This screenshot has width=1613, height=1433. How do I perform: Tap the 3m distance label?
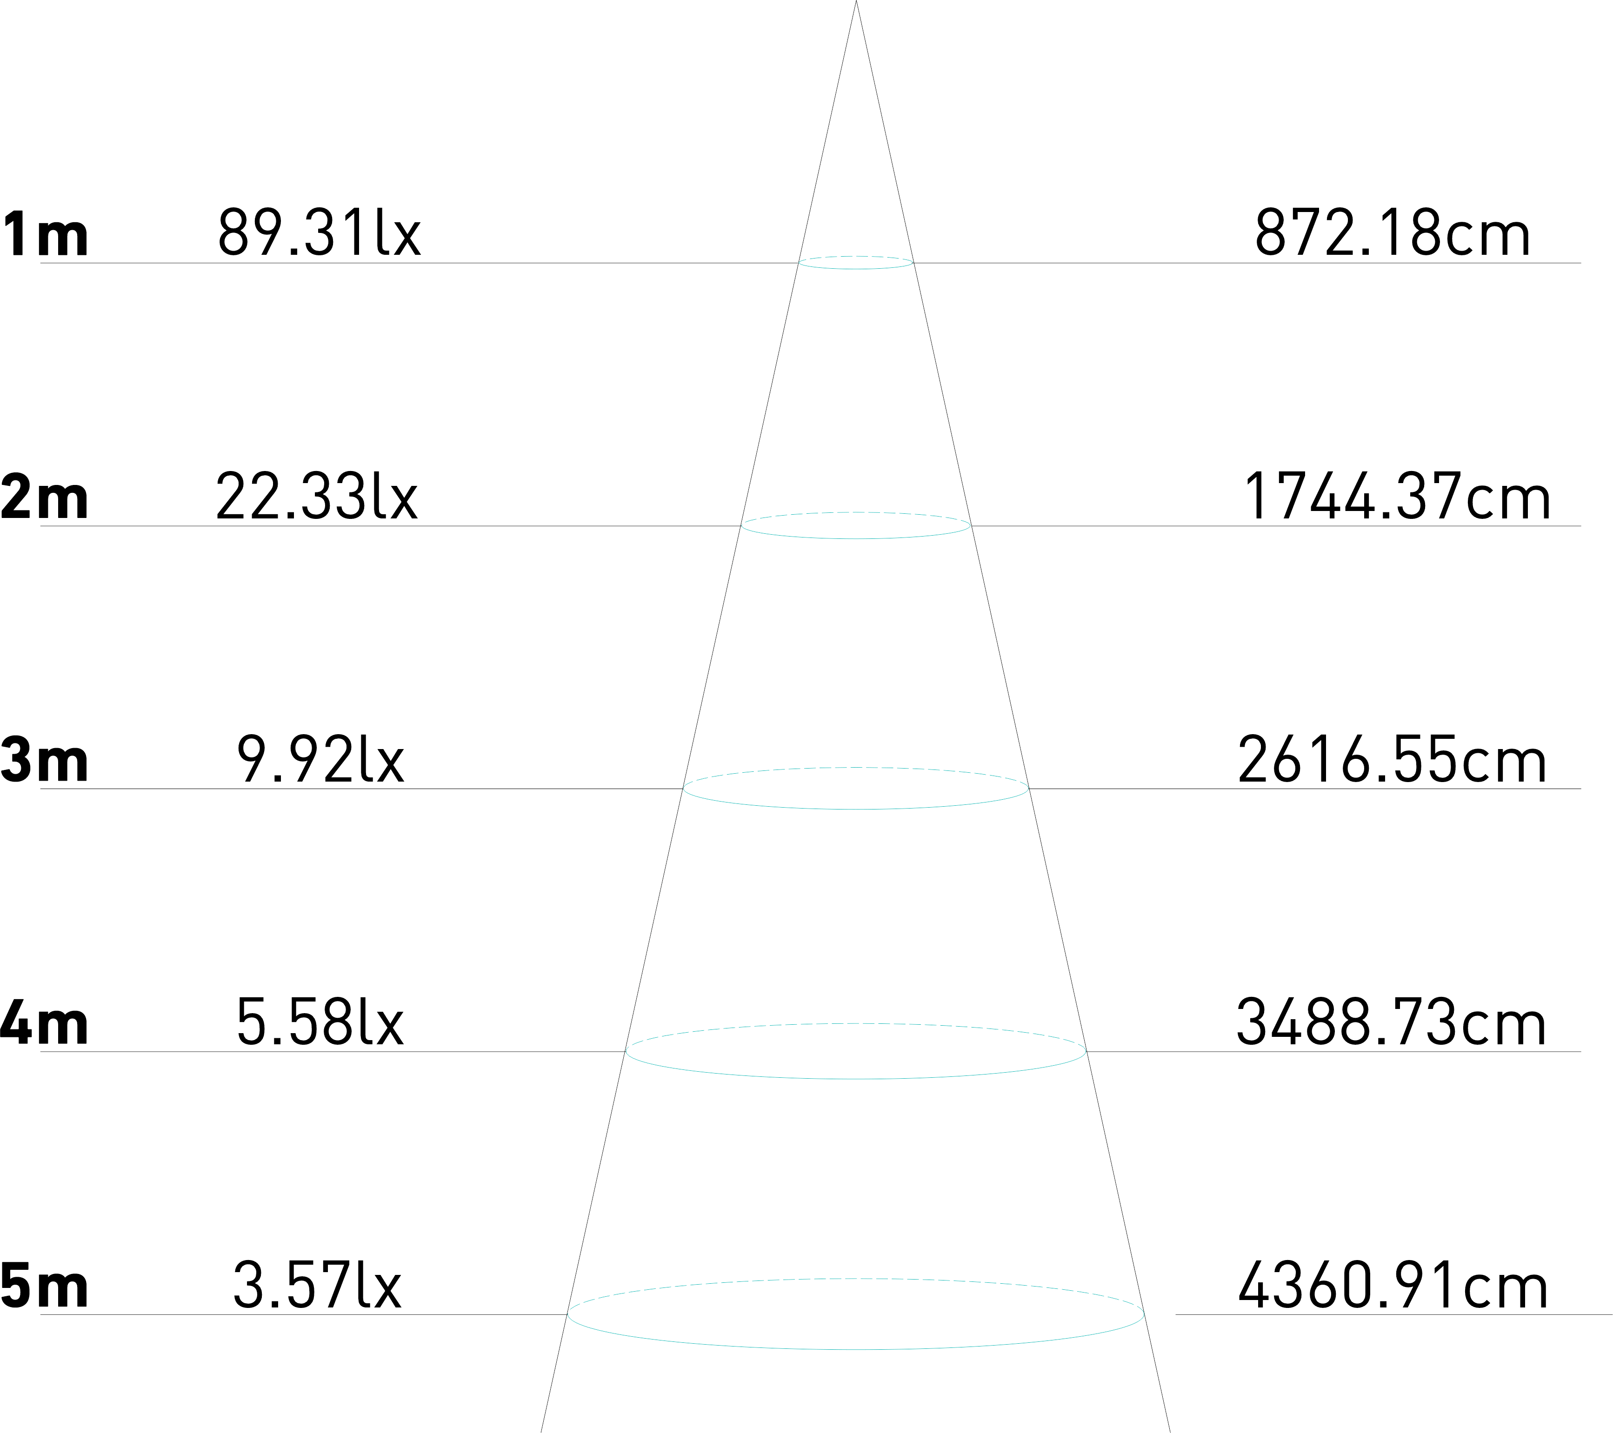point(43,759)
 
